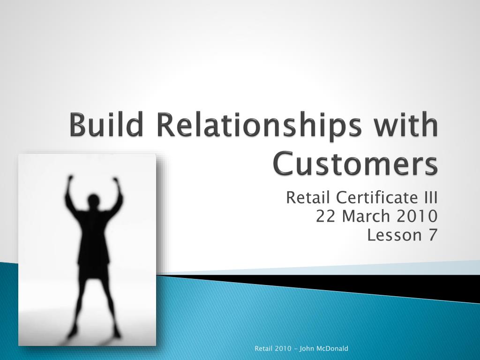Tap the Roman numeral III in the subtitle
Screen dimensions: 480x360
(430, 197)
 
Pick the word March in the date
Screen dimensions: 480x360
(366, 216)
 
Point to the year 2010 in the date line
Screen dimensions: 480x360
(417, 216)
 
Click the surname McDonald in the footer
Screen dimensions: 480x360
(333, 348)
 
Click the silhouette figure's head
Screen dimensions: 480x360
(93, 201)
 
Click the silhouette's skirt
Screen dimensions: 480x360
(93, 270)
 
